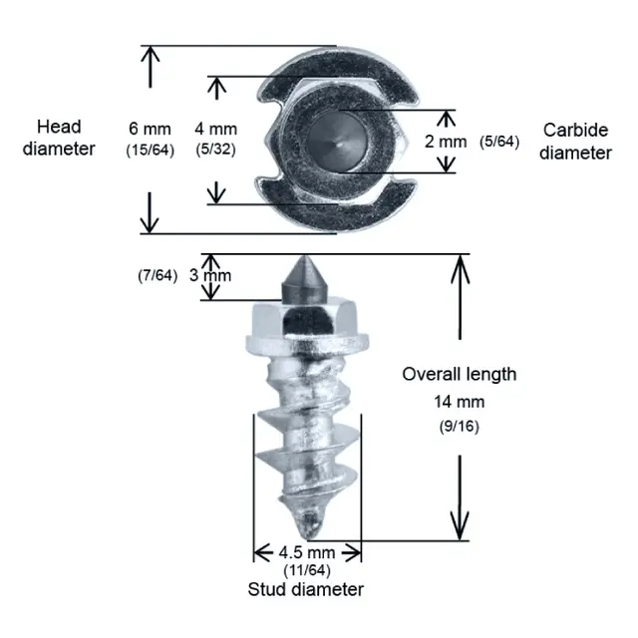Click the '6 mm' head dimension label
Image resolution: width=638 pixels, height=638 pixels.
click(x=150, y=129)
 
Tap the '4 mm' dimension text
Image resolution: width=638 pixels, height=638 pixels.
click(x=215, y=129)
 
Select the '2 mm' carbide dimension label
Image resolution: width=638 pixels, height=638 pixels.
click(x=446, y=142)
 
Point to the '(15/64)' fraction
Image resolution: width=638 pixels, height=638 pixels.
click(x=151, y=150)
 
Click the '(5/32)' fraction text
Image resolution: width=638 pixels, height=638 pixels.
click(x=215, y=149)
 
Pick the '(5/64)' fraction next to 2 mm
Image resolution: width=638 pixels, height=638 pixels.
click(x=499, y=142)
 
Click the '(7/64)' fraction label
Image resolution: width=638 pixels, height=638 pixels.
click(x=158, y=275)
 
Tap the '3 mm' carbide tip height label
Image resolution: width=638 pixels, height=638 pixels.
click(x=210, y=275)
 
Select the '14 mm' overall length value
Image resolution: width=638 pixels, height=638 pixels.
click(x=460, y=402)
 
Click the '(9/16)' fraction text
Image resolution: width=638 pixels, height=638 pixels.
click(x=460, y=427)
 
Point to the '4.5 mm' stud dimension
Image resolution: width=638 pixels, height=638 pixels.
click(x=307, y=552)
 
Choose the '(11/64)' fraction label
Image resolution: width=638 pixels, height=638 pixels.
click(x=307, y=570)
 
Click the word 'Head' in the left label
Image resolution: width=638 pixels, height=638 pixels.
click(x=59, y=127)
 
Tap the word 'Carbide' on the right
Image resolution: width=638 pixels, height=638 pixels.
click(x=576, y=131)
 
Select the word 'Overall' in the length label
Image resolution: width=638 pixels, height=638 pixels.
click(x=432, y=374)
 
